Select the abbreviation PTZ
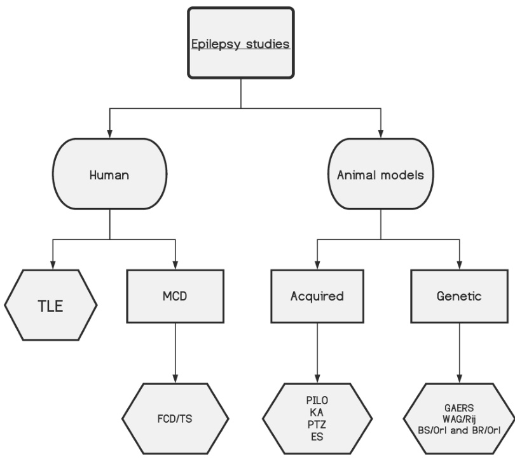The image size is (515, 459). coord(316,423)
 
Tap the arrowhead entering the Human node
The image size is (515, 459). coord(110,131)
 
